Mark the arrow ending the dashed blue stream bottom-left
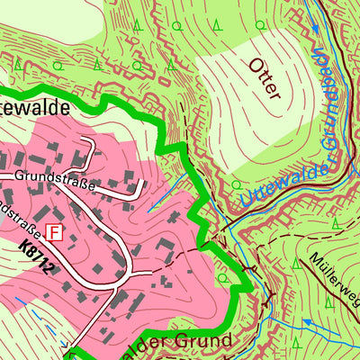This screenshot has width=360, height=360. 64,344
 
